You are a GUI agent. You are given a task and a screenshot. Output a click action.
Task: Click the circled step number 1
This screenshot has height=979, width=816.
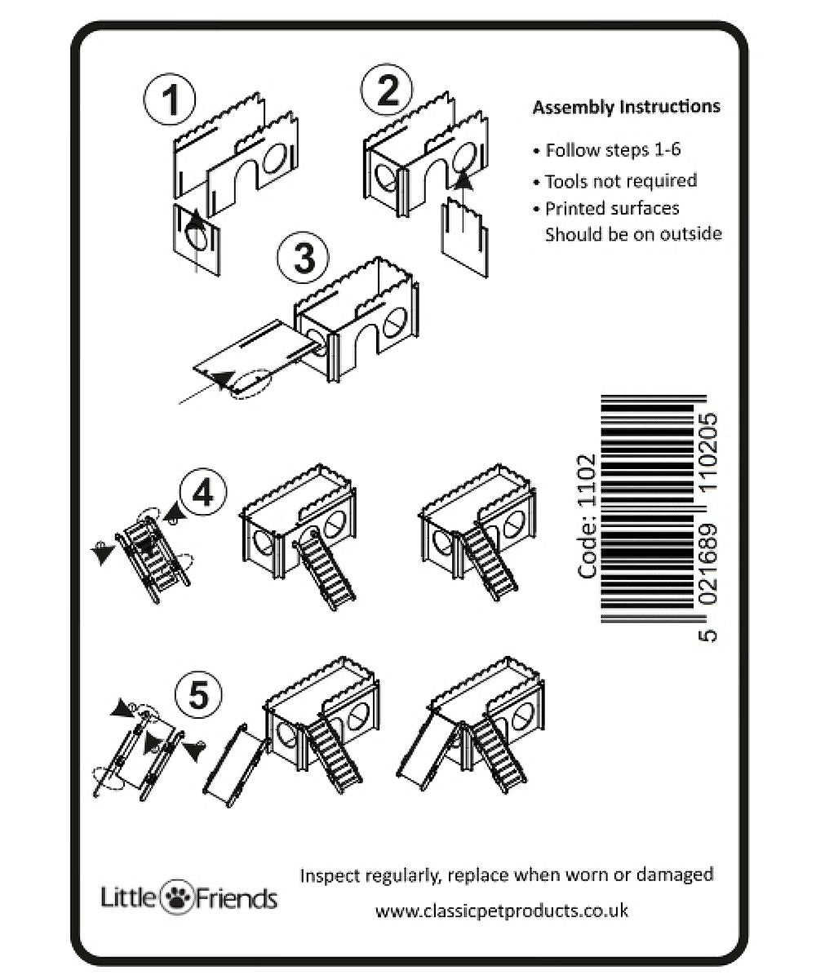point(169,99)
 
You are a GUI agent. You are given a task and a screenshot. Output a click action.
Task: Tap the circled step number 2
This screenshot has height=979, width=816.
point(387,90)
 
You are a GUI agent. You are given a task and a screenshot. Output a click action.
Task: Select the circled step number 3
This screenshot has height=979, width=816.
point(304,258)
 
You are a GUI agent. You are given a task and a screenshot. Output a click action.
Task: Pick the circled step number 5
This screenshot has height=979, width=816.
point(199,694)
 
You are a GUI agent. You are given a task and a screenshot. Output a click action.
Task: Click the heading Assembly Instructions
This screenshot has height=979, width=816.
point(627,108)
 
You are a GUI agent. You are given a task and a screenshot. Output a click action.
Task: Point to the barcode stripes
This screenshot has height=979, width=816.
point(648,509)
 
